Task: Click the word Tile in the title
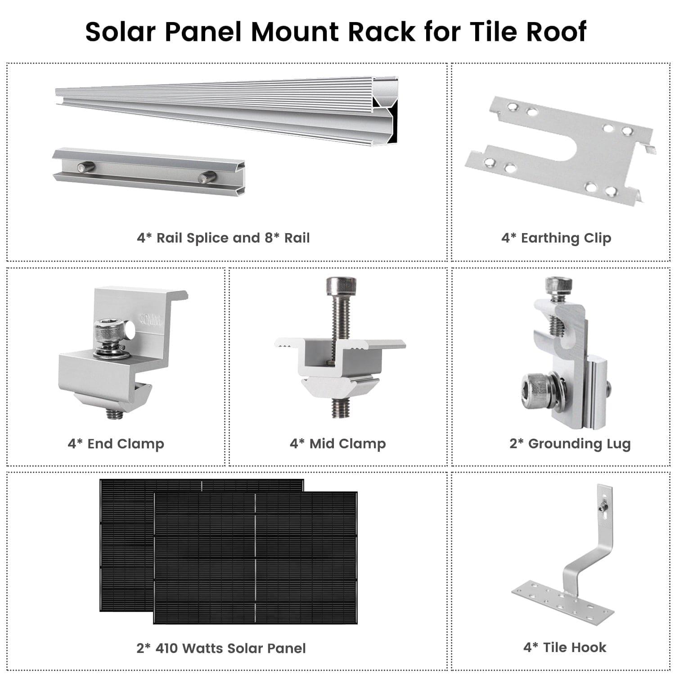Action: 492,32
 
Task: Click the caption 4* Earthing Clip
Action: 556,238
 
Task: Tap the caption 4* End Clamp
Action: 116,444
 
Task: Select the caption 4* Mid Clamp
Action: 338,444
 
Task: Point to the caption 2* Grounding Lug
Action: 570,444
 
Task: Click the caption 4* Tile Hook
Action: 565,648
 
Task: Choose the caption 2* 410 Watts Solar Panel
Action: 221,648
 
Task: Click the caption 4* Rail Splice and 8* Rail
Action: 223,238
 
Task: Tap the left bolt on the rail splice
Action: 85,167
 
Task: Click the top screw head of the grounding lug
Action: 558,285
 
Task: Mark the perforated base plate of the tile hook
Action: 562,601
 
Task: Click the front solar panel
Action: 255,558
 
